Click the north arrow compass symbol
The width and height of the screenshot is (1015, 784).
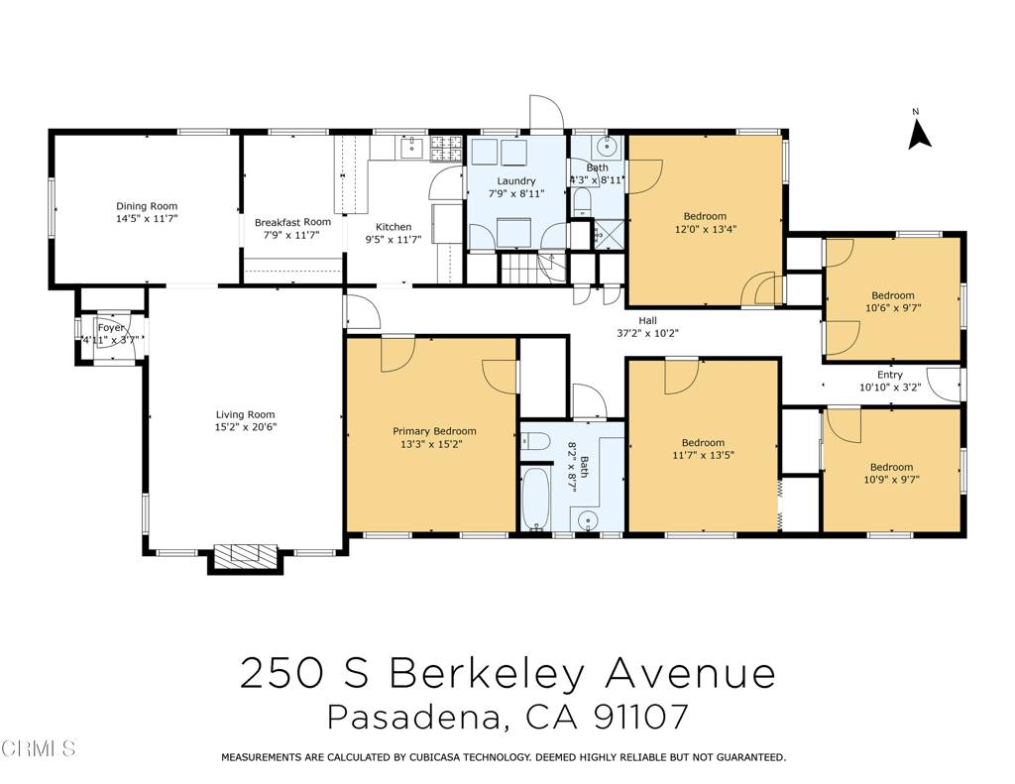[919, 131]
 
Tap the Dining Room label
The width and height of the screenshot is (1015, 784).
[146, 206]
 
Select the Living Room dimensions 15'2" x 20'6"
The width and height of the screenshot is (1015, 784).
[245, 427]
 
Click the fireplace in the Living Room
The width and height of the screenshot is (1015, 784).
[245, 554]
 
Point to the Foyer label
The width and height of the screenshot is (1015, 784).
[111, 328]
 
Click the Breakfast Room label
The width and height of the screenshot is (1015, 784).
[292, 222]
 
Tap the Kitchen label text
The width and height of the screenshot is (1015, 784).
[393, 227]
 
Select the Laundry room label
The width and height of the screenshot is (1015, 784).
[515, 181]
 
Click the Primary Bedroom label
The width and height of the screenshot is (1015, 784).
[434, 431]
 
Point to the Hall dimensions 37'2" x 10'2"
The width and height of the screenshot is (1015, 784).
[647, 333]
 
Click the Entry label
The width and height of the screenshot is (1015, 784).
[889, 375]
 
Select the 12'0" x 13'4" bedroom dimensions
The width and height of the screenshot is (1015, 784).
[705, 229]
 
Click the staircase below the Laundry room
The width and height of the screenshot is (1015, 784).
[519, 266]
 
